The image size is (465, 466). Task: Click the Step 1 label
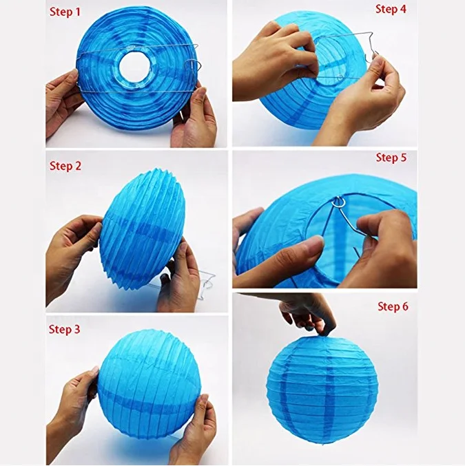click(x=64, y=12)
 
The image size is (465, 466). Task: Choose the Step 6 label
click(x=393, y=306)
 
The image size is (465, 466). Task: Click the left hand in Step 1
click(x=63, y=100)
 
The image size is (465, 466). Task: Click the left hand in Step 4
click(x=272, y=59)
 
